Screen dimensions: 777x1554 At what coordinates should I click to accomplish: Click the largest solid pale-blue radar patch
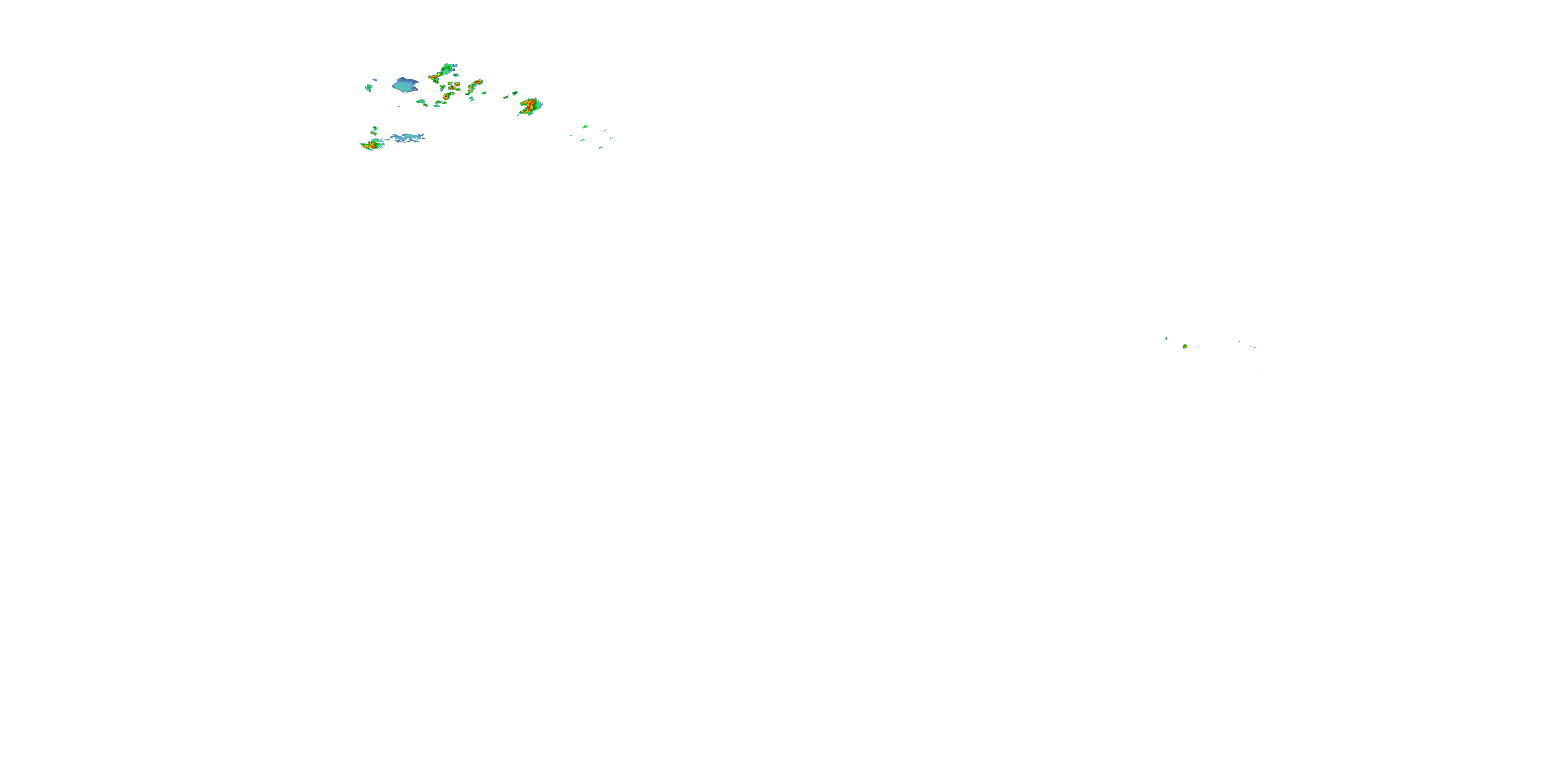tap(405, 85)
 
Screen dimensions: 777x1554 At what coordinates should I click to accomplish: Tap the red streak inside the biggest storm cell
tap(530, 107)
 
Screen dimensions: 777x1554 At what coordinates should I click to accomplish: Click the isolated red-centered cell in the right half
tap(1185, 346)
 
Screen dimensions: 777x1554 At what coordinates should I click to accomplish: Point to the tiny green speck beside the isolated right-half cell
tap(1166, 339)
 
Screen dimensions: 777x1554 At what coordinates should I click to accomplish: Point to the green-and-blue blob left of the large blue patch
tap(369, 88)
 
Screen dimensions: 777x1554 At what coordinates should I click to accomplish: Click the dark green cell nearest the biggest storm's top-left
tap(514, 93)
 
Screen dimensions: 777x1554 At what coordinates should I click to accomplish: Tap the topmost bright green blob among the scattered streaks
tap(584, 126)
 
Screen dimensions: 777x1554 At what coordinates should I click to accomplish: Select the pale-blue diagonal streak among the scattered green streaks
tap(605, 131)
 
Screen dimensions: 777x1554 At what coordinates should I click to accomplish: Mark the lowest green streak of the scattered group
tap(601, 147)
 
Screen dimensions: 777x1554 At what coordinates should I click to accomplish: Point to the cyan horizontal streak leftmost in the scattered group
tap(570, 136)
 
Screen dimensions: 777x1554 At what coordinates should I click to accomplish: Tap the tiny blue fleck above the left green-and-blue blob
tap(375, 80)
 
